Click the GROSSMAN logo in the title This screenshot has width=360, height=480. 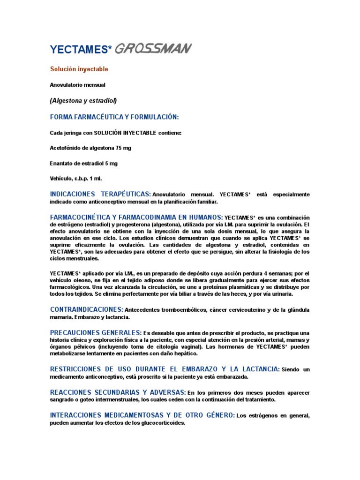[x=152, y=48]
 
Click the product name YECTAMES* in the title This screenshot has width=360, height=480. [x=81, y=49]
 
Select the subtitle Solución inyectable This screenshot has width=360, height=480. [x=79, y=69]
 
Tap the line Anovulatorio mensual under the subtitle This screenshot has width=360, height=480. [x=78, y=85]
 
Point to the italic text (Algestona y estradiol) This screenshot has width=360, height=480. [x=83, y=100]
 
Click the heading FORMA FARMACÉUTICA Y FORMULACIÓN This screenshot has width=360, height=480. [x=114, y=117]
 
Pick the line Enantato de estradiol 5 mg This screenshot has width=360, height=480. [x=84, y=163]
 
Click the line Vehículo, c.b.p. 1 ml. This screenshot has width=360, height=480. [x=76, y=179]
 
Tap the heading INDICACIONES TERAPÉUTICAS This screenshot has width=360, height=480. [x=100, y=194]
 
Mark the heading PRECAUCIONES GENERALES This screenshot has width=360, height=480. [x=96, y=332]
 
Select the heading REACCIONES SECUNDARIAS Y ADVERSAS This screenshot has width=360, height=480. [x=118, y=392]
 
